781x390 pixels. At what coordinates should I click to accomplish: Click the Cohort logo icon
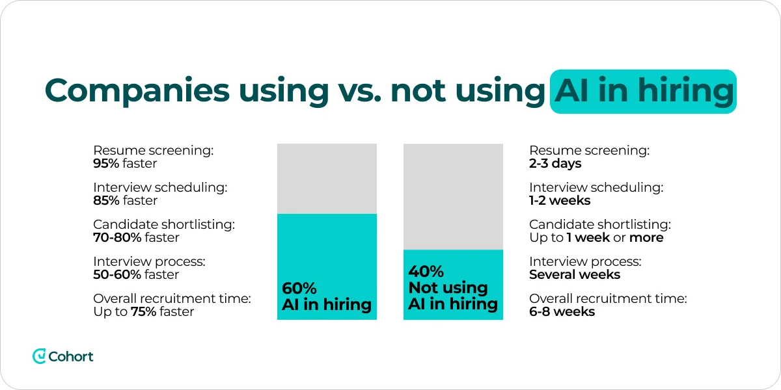(39, 356)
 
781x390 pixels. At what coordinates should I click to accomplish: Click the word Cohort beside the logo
(71, 356)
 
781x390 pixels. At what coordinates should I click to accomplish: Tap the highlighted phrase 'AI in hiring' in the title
(643, 92)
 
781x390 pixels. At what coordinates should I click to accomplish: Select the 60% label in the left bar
(299, 288)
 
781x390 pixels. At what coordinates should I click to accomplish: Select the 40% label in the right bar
(426, 271)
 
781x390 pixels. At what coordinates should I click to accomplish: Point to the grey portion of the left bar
(327, 178)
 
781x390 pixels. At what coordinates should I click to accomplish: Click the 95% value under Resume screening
(106, 163)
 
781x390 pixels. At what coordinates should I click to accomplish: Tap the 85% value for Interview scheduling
(106, 200)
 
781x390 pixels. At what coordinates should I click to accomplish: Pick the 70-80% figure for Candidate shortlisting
(117, 237)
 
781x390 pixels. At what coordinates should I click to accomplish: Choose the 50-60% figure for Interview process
(117, 274)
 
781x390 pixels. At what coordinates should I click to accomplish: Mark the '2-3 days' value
(555, 163)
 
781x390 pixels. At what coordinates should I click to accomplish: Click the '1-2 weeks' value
(560, 200)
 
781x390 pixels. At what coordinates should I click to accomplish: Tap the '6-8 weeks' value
(562, 311)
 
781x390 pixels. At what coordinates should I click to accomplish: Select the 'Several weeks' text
(575, 274)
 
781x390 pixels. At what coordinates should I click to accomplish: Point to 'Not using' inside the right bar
(448, 288)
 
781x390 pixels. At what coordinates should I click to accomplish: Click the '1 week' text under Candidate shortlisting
(588, 237)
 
